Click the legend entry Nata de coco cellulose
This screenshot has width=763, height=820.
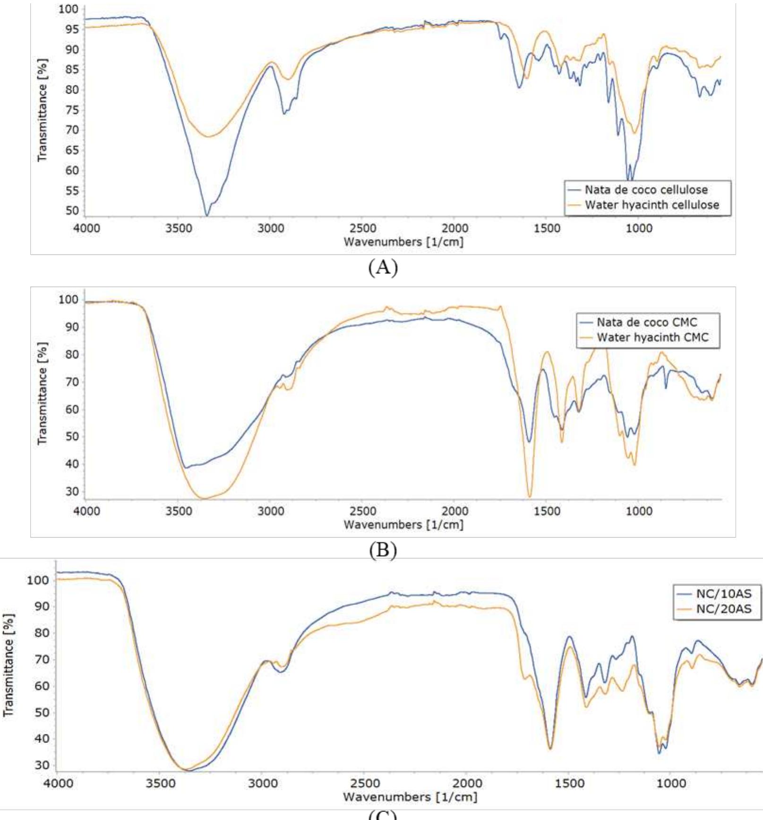coord(646,190)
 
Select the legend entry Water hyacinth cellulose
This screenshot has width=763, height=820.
coord(652,205)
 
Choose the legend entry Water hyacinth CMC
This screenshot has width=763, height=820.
coord(652,337)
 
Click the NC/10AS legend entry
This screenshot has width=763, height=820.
coord(723,594)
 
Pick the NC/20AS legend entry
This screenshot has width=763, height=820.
coord(723,609)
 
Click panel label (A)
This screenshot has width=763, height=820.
coord(383,268)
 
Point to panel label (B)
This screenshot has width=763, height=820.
coord(383,550)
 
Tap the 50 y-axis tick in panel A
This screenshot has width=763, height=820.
coord(71,211)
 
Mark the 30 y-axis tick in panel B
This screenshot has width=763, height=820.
coord(71,492)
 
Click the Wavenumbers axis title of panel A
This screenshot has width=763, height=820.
coord(403,242)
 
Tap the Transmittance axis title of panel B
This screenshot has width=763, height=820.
coord(43,394)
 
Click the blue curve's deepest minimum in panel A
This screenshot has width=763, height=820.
coord(206,216)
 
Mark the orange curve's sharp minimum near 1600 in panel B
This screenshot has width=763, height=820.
coord(530,497)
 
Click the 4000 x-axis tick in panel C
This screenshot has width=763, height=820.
coord(58,784)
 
